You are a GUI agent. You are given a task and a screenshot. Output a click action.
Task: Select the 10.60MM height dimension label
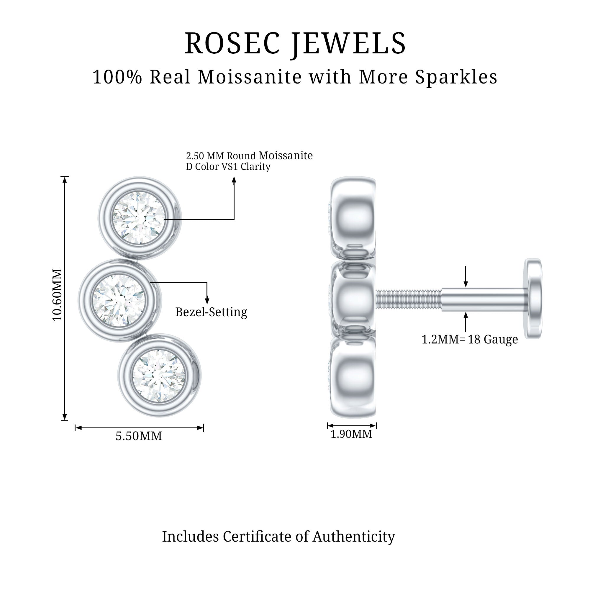click(57, 295)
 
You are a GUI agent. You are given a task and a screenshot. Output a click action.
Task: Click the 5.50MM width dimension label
click(139, 436)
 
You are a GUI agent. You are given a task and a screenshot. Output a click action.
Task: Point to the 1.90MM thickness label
click(351, 434)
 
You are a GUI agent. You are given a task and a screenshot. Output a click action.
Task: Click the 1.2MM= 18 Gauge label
click(469, 339)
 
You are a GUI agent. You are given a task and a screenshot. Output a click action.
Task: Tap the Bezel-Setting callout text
click(211, 312)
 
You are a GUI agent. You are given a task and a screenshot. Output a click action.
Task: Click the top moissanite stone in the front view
click(139, 218)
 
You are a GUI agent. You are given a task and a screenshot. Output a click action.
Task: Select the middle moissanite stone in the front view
click(119, 300)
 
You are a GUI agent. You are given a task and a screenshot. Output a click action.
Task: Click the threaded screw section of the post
click(408, 299)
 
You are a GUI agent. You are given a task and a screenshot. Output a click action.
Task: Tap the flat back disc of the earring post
click(533, 298)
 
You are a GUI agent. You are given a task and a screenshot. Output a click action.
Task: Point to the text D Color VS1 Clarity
click(228, 167)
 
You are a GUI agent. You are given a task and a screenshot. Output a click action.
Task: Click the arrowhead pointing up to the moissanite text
click(234, 180)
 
